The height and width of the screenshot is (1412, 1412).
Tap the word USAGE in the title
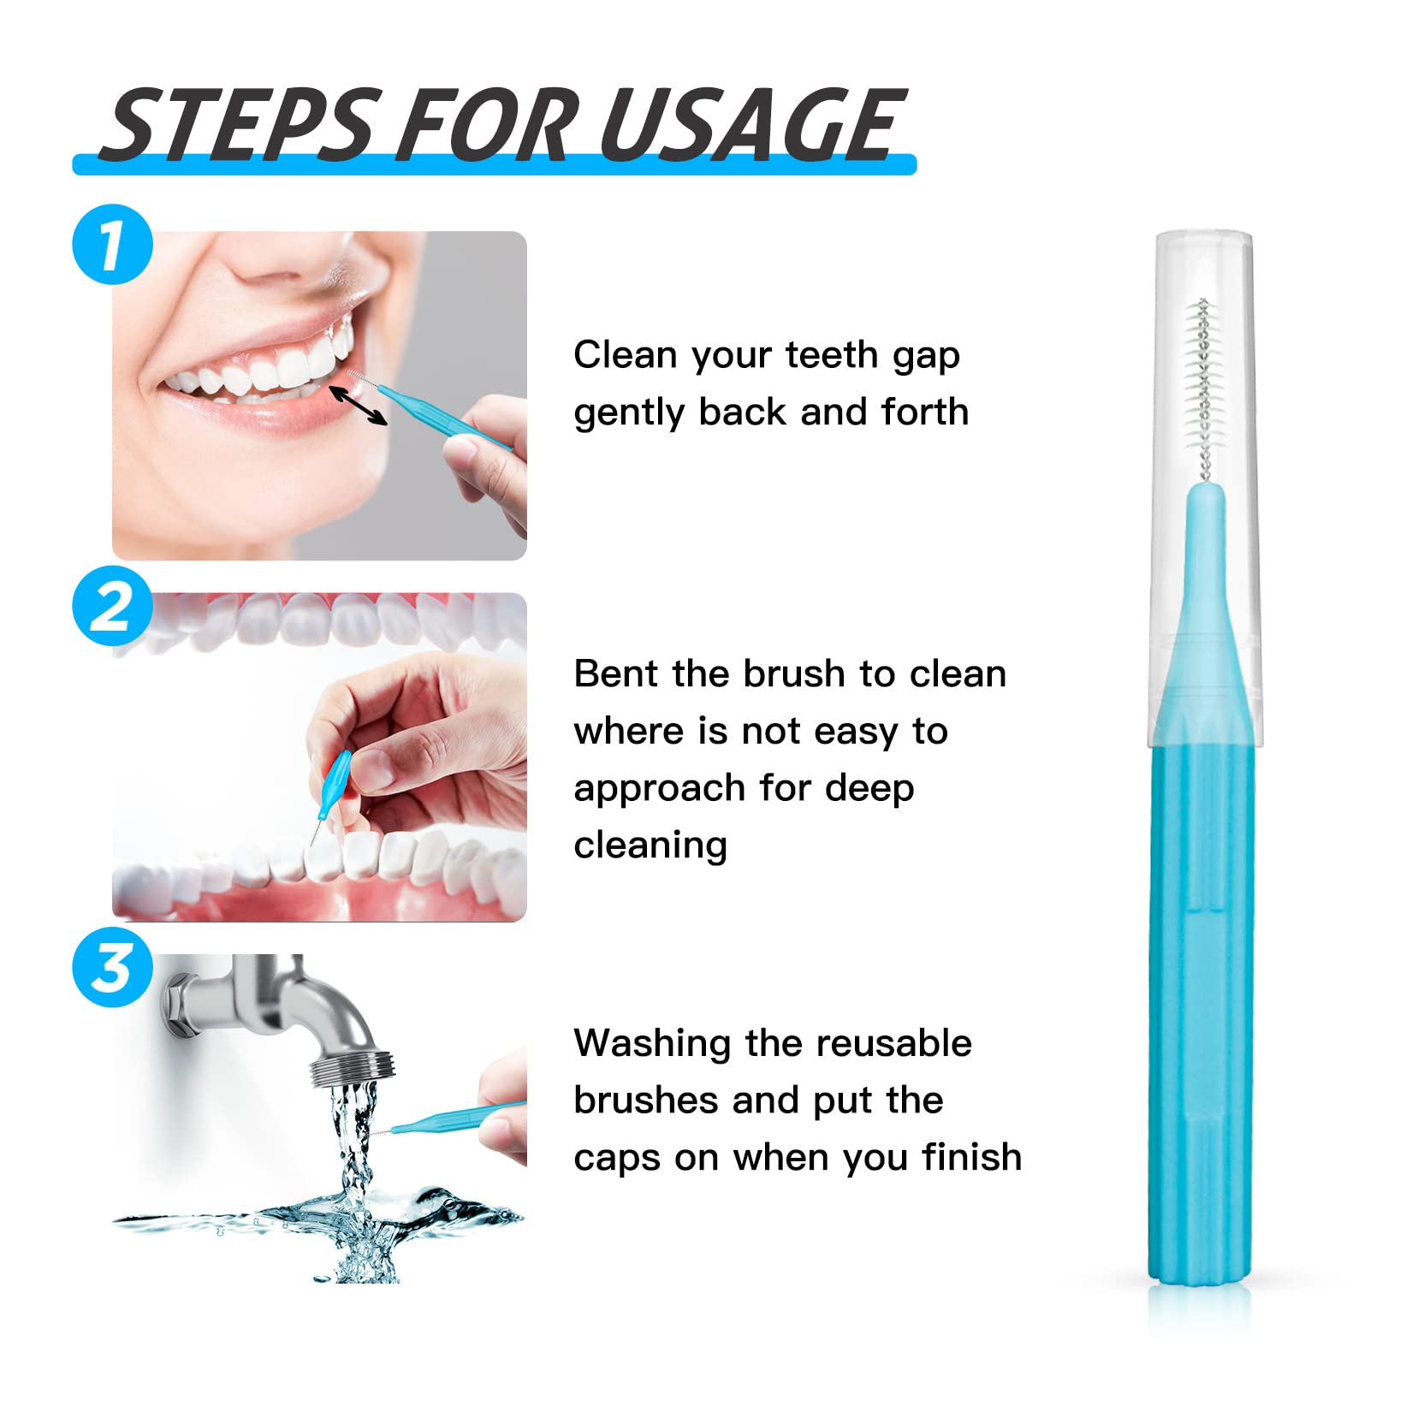751,126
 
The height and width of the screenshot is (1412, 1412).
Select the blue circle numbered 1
112,245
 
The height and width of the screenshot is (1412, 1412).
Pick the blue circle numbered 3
112,968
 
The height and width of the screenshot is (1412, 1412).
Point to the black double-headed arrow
359,405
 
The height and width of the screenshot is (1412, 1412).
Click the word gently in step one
628,413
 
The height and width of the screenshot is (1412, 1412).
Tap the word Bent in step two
615,674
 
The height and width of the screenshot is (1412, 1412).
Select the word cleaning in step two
650,845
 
